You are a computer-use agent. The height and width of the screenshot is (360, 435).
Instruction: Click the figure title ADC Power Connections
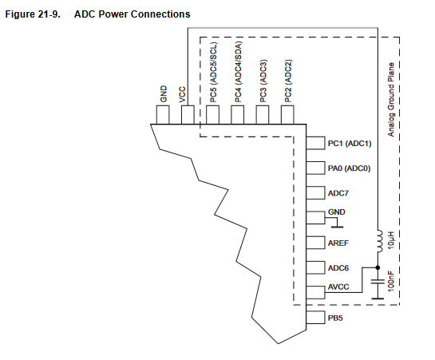(x=132, y=14)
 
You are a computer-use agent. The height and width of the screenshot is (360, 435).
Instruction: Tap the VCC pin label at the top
(x=182, y=94)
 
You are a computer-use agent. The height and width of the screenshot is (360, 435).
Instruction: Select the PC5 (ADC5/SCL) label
(x=213, y=72)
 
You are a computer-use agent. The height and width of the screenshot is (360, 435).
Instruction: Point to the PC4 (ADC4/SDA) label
(x=238, y=72)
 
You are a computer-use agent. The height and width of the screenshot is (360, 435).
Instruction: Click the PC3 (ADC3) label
(x=263, y=81)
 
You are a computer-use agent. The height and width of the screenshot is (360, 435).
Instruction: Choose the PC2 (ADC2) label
(x=288, y=81)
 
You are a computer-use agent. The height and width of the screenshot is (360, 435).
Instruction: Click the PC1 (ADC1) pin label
(x=350, y=144)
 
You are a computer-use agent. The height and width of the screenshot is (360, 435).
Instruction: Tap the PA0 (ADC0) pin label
(x=349, y=168)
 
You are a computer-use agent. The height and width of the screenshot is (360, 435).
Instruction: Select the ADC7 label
(x=338, y=193)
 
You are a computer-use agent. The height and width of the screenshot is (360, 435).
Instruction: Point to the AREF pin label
(x=338, y=243)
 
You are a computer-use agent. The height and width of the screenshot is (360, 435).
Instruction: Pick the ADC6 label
(x=338, y=268)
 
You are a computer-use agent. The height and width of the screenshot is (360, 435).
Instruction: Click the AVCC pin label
(x=338, y=287)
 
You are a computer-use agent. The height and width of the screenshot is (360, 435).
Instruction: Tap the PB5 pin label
(x=335, y=318)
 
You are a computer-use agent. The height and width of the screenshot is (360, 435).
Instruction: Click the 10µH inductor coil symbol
(x=379, y=241)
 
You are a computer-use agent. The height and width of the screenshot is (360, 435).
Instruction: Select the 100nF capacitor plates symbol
(x=378, y=282)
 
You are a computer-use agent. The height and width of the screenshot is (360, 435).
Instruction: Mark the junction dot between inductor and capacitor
(x=378, y=267)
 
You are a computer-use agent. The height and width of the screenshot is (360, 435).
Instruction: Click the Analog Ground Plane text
(x=391, y=100)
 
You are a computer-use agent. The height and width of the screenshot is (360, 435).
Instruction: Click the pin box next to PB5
(x=315, y=317)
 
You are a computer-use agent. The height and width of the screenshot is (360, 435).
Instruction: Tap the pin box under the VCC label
(x=188, y=115)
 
